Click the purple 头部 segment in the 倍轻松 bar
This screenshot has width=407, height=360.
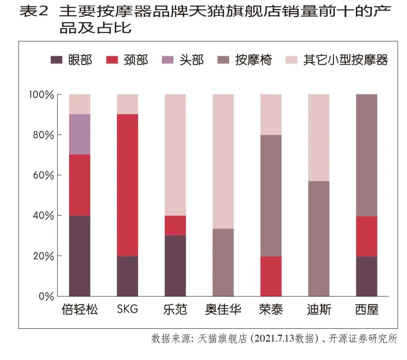coord(80,134)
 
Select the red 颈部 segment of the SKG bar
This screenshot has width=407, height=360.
coord(127,185)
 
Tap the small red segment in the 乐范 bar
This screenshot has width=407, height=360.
coord(175,225)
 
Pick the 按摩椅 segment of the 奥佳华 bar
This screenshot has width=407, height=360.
coord(223,262)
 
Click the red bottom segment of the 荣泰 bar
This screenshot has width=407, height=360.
coord(271,276)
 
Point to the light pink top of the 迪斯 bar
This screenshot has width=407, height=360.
coord(319,137)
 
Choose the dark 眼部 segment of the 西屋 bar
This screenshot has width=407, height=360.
coord(367,276)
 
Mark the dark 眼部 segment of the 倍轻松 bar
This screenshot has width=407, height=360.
coord(80,256)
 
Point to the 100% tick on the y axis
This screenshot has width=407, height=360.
coord(42,95)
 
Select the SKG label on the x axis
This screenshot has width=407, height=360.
coord(127,310)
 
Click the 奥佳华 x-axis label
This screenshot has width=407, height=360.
coord(223,310)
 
